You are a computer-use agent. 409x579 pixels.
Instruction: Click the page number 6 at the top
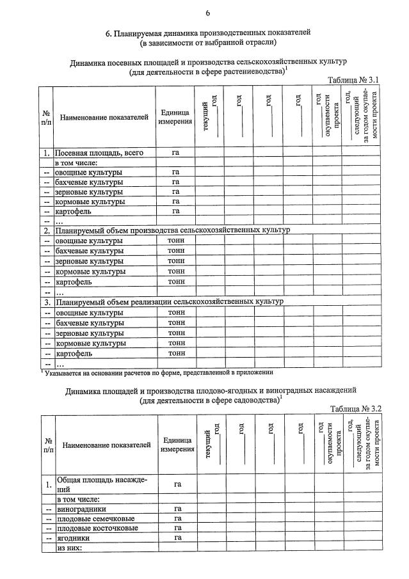click(x=207, y=13)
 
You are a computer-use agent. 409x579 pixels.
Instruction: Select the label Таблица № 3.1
click(x=354, y=80)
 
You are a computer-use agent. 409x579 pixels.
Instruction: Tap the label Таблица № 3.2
click(x=356, y=408)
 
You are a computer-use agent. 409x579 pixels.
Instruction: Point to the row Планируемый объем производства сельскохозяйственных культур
click(x=173, y=230)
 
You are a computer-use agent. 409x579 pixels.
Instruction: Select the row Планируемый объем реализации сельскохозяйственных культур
click(x=170, y=301)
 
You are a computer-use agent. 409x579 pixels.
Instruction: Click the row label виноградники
click(x=77, y=509)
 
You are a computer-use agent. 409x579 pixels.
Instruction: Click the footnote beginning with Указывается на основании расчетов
click(x=158, y=372)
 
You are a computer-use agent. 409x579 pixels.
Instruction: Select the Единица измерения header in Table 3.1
click(x=175, y=117)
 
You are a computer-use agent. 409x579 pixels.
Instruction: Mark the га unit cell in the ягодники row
click(x=177, y=538)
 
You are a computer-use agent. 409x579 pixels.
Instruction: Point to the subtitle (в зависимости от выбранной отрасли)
click(x=208, y=42)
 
